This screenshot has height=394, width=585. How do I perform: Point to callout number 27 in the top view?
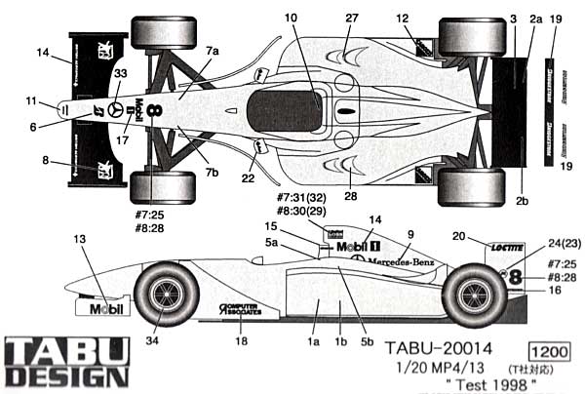click(352, 18)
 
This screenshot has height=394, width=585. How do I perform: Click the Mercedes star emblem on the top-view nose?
click(116, 109)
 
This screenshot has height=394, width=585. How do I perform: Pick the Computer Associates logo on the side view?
click(240, 311)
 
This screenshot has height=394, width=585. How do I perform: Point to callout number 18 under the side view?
click(240, 341)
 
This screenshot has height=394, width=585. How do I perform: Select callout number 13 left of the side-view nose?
click(80, 238)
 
